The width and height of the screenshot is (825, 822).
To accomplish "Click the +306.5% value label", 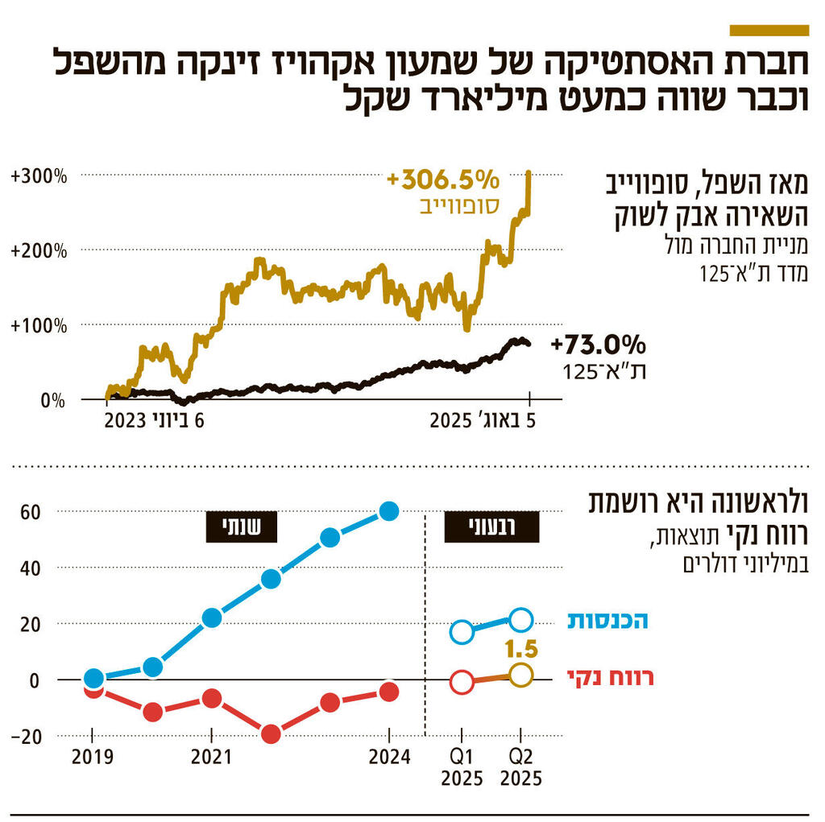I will click(443, 179).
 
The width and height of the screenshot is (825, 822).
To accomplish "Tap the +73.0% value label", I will click(599, 345).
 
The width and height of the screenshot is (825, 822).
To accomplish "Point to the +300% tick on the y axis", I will click(39, 176).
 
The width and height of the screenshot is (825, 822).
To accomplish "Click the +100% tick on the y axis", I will click(39, 325).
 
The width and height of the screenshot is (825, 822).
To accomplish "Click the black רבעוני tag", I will click(492, 527).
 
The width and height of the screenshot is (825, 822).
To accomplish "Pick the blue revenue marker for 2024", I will click(389, 511).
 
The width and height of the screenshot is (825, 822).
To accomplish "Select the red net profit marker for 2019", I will click(93, 688).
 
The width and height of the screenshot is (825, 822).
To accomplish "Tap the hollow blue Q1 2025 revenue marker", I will click(462, 632).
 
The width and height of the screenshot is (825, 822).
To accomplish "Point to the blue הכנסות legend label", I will click(607, 621).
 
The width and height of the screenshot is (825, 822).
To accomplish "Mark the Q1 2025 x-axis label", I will click(462, 767).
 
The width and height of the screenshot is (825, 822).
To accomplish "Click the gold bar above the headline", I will click(768, 31).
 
